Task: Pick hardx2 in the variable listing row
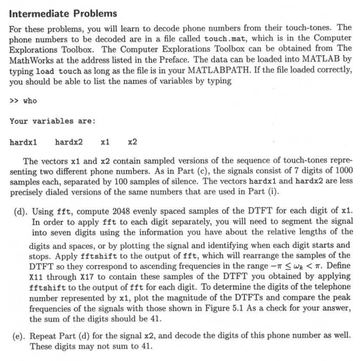pyautogui.click(x=69, y=142)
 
